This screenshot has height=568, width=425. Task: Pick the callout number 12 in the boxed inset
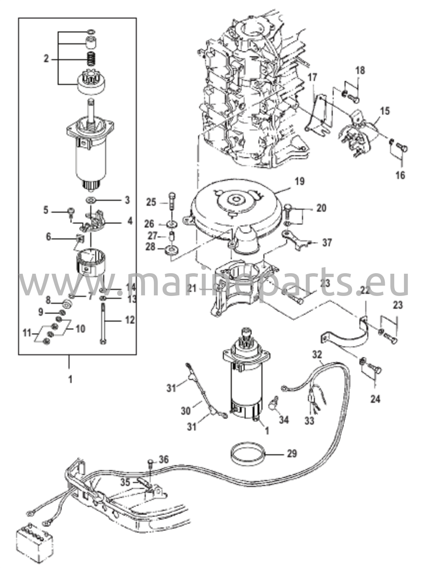[x=129, y=320]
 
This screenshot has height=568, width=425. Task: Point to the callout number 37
[x=327, y=243]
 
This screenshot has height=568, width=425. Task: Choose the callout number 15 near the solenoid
[x=385, y=111]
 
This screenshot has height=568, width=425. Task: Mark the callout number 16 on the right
[x=401, y=175]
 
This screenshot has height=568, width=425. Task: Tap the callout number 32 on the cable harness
[x=318, y=355]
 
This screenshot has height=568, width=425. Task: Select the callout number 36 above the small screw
[x=164, y=460]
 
